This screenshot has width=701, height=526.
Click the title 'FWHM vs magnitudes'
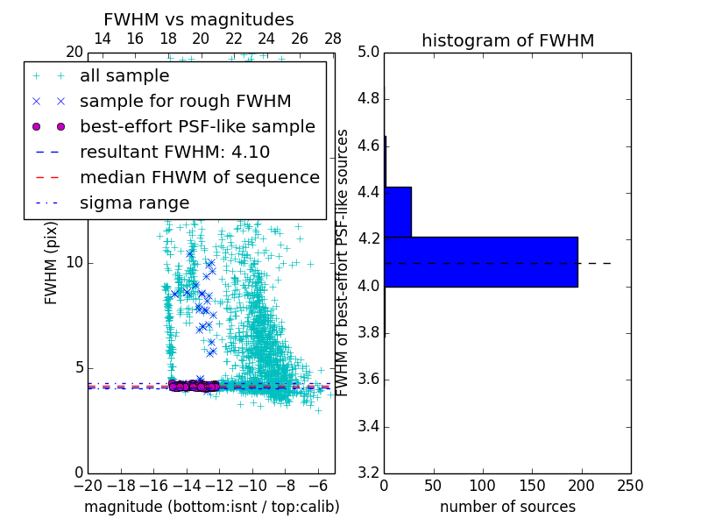click(x=198, y=19)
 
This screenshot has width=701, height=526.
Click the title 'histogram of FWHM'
click(x=507, y=40)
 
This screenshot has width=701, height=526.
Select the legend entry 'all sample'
click(x=124, y=76)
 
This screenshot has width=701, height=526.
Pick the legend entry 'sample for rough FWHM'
click(x=185, y=101)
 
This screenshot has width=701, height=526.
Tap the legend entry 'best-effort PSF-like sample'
click(x=197, y=126)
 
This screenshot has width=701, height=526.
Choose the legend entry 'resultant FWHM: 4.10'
click(x=174, y=152)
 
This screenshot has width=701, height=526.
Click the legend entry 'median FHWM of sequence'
click(x=199, y=177)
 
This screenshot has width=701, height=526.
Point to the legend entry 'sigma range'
click(x=134, y=203)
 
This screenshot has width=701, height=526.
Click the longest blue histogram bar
click(x=480, y=261)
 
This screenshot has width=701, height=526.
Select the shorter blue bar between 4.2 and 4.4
click(x=397, y=211)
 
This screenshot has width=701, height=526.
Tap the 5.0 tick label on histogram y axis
click(x=369, y=52)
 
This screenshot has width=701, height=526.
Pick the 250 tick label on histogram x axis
click(x=630, y=486)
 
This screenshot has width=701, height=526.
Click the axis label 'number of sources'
click(x=507, y=507)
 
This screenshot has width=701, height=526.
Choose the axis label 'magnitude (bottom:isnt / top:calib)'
click(x=211, y=507)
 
